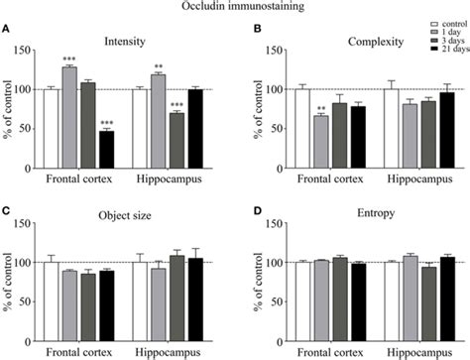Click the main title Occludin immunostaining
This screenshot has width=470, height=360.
(x=234, y=7)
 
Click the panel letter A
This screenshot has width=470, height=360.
(x=7, y=29)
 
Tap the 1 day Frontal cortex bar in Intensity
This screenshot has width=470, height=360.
(x=69, y=109)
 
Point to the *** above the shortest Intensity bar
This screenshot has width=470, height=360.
(x=106, y=123)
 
